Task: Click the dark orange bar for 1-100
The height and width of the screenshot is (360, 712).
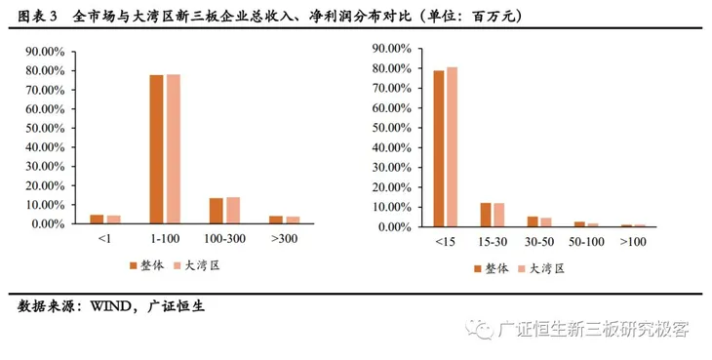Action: click(x=156, y=149)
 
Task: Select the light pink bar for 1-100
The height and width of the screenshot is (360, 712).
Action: click(x=173, y=149)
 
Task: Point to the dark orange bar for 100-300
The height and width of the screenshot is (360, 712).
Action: click(x=216, y=211)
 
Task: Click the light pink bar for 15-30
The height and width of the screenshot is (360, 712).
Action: click(x=498, y=215)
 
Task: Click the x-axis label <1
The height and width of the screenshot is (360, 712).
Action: click(x=104, y=239)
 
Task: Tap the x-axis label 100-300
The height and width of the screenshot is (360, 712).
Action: click(x=223, y=239)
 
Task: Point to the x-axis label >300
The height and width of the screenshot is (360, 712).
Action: click(x=283, y=239)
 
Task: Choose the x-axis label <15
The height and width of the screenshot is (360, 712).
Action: click(x=445, y=241)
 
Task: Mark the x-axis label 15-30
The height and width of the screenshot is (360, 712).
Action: click(x=493, y=241)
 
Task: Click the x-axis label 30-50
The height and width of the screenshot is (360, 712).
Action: click(x=539, y=241)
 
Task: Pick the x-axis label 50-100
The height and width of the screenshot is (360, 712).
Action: click(x=586, y=241)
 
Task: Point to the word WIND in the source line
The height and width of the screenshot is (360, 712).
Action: click(x=115, y=306)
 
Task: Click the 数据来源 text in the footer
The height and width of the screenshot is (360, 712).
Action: click(x=48, y=306)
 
